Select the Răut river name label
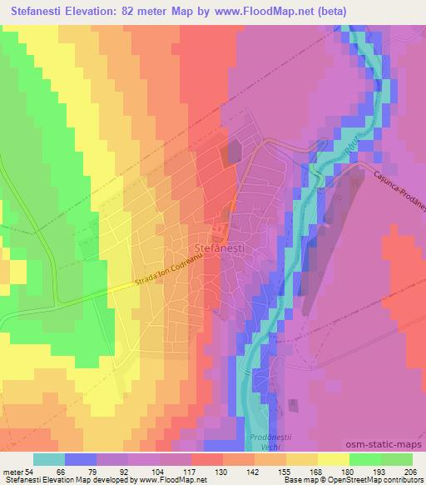(x=345, y=147)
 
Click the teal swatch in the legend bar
(x=49, y=459)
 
